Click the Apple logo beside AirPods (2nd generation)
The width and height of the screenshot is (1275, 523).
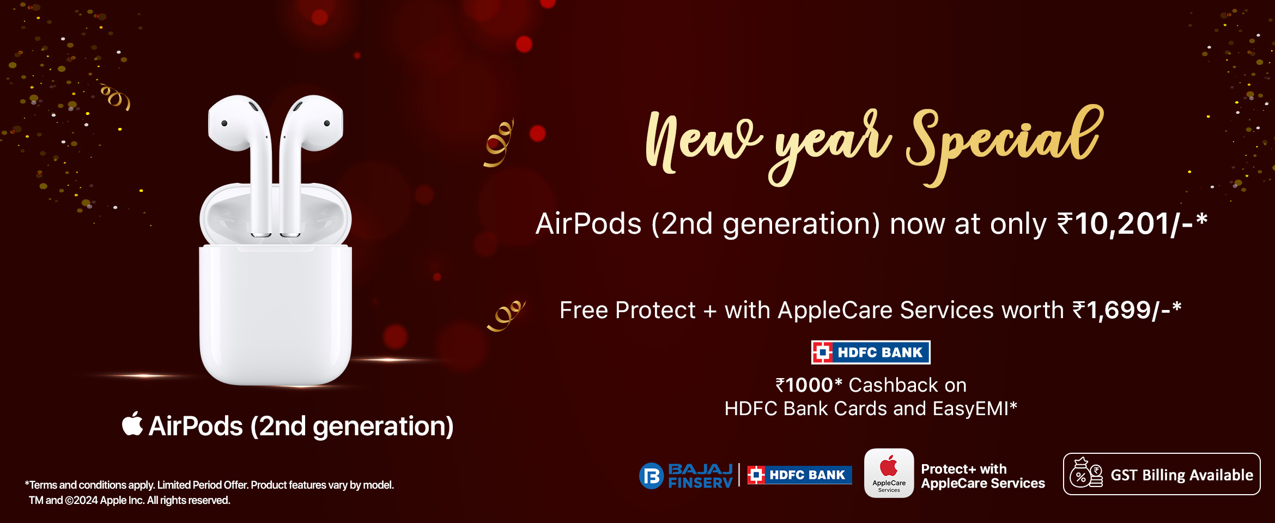[x=132, y=424]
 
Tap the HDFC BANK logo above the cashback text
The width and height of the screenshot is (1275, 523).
[x=871, y=352]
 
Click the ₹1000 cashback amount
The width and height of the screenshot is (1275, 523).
[x=809, y=385]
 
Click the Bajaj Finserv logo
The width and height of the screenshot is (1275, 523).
[x=686, y=476]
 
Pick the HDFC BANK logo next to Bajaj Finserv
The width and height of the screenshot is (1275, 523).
[x=799, y=475]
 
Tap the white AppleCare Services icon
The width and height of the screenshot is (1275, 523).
[x=889, y=473]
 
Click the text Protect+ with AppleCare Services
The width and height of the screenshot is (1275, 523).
[x=983, y=476]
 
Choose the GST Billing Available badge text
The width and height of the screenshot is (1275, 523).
[x=1182, y=475]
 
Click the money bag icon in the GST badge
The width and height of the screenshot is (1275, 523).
[x=1086, y=473]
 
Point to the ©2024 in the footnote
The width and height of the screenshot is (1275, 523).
[x=81, y=500]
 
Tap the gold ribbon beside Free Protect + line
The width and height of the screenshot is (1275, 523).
[x=506, y=315]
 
